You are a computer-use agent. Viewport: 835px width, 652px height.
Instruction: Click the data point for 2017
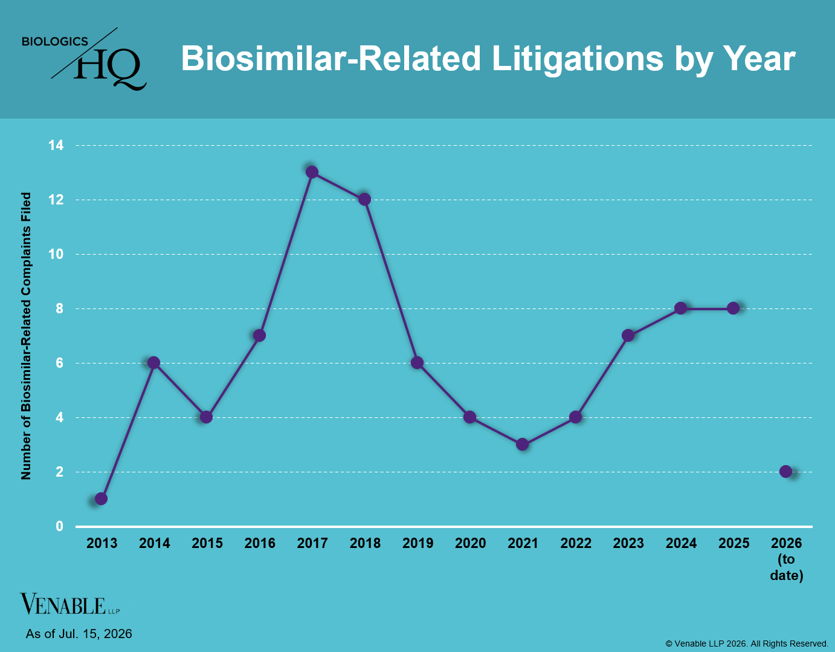(312, 172)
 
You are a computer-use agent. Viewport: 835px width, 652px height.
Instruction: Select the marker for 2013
(101, 498)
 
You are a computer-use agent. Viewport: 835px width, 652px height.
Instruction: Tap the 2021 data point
(522, 445)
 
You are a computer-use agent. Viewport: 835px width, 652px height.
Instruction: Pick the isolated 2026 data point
(786, 471)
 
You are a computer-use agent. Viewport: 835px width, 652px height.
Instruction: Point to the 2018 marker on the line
(365, 199)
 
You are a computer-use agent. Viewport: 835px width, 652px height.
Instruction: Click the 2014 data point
(153, 363)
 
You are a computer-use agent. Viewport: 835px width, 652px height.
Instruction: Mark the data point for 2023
(628, 336)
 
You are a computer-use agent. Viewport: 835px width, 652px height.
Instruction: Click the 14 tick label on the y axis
(56, 145)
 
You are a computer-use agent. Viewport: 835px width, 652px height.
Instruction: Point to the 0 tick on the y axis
(59, 526)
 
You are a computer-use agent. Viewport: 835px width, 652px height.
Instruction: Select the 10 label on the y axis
(56, 254)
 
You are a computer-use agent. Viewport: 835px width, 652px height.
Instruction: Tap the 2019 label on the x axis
(417, 543)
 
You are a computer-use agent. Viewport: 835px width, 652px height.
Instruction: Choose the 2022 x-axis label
(576, 543)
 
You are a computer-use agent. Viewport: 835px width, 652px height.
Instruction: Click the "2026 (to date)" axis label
(786, 559)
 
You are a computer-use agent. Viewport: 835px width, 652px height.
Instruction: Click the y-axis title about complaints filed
(26, 336)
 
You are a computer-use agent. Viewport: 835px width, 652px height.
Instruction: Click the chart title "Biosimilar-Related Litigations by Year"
(488, 59)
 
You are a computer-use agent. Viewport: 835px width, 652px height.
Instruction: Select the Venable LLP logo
(69, 604)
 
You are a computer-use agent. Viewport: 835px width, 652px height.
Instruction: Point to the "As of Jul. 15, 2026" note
(79, 633)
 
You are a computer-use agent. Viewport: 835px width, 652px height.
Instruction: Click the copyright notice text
(747, 644)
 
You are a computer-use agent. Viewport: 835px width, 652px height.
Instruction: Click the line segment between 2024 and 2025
(707, 308)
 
